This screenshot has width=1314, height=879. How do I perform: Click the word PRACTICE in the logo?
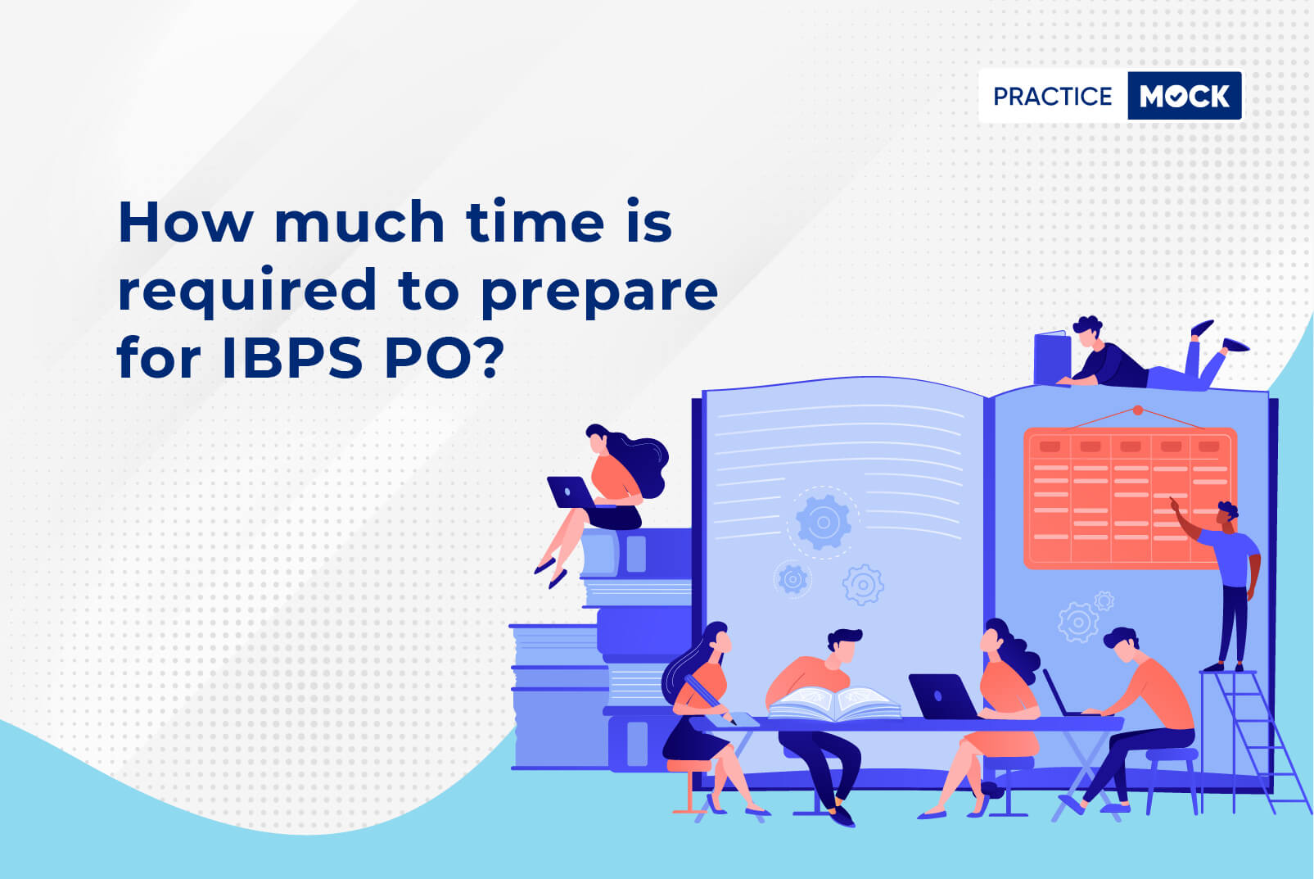pos(1052,96)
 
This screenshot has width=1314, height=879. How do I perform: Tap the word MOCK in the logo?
pos(1184,96)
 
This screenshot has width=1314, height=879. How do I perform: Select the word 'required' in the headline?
pos(247,291)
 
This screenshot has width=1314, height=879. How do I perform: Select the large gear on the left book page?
pos(823,522)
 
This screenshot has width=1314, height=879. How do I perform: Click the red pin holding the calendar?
pos(1137,410)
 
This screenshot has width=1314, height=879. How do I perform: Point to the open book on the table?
pos(834,703)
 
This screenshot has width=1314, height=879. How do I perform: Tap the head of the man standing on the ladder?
pos(1226,514)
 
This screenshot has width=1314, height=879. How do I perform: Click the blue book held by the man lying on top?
pos(1052,359)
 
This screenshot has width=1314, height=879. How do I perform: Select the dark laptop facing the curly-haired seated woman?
pos(942,696)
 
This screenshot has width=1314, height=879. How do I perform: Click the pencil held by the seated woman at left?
pos(710,698)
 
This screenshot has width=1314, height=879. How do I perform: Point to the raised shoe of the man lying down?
pos(1202,327)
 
